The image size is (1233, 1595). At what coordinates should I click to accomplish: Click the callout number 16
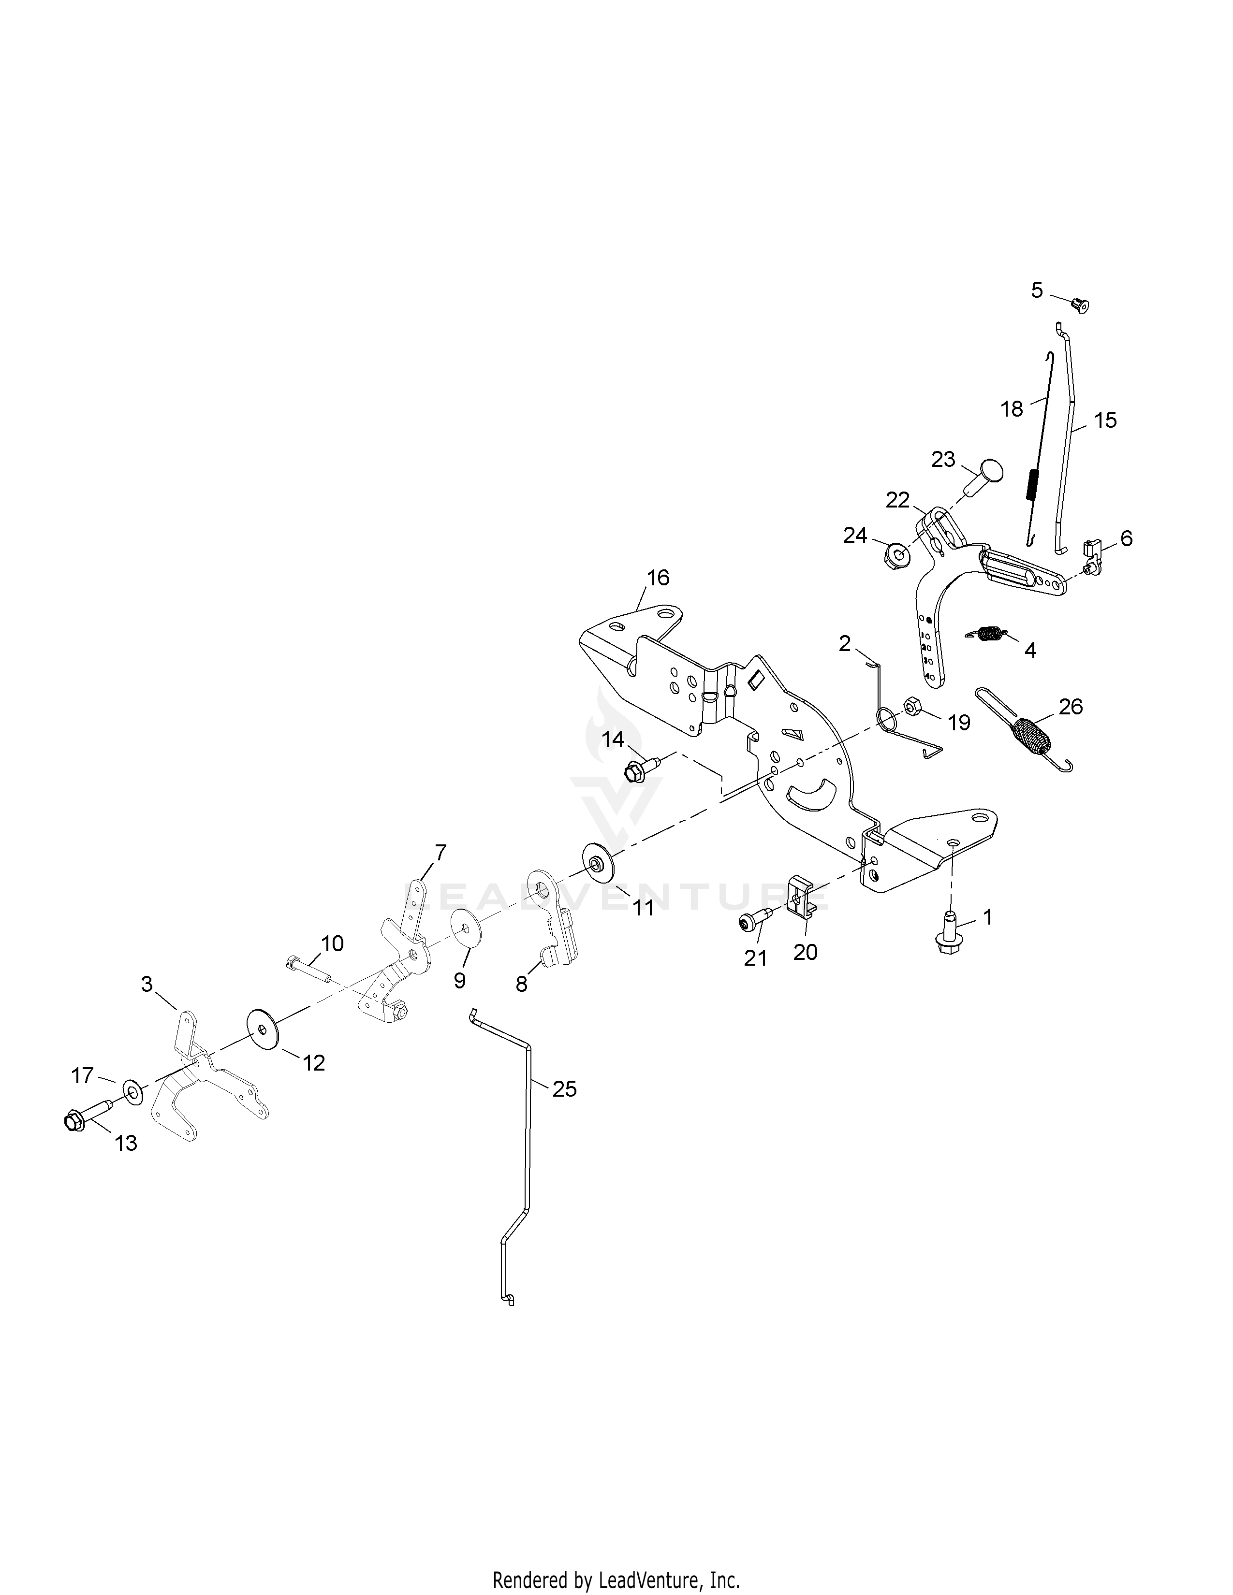click(658, 578)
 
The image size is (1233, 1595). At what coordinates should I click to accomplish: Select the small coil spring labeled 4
click(987, 634)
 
